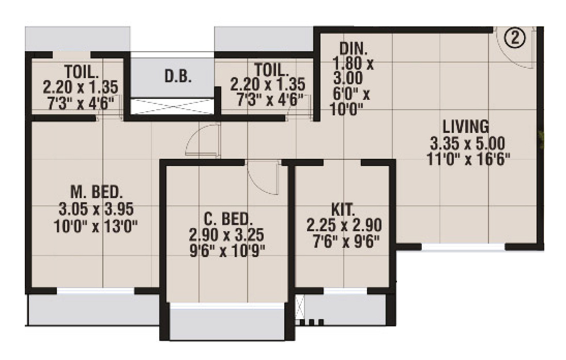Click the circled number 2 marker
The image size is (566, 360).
click(x=515, y=38)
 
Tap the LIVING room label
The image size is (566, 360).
click(x=466, y=126)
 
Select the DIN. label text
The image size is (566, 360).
click(x=354, y=49)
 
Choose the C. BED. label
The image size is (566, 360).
click(x=226, y=218)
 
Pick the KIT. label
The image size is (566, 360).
click(x=343, y=210)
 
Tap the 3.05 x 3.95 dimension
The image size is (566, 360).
click(x=97, y=209)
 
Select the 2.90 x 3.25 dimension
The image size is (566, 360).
click(x=226, y=235)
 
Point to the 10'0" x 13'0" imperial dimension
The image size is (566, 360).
click(x=97, y=226)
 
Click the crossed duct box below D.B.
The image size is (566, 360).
click(x=171, y=106)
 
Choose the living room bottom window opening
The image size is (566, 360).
click(x=463, y=247)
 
